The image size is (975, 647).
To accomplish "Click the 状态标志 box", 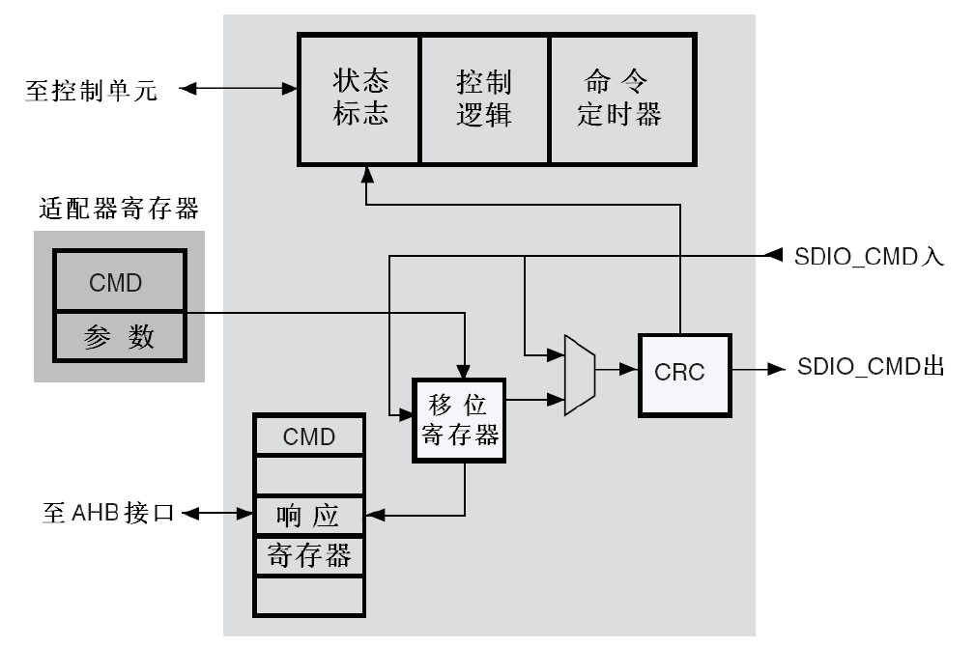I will pyautogui.click(x=358, y=98).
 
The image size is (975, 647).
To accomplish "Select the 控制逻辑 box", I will pyautogui.click(x=483, y=98).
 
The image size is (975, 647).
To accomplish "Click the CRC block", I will pyautogui.click(x=684, y=374).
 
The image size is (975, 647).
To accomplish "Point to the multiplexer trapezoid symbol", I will pyautogui.click(x=579, y=376).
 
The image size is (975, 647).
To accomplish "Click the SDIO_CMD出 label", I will pyautogui.click(x=871, y=368).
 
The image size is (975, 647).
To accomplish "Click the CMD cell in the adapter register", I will pyautogui.click(x=119, y=282).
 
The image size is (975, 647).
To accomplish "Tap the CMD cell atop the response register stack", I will pyautogui.click(x=309, y=436).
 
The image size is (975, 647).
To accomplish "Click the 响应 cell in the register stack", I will pyautogui.click(x=309, y=515).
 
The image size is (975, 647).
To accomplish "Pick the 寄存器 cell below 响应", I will pyautogui.click(x=309, y=555).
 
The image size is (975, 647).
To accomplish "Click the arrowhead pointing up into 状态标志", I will pyautogui.click(x=366, y=173).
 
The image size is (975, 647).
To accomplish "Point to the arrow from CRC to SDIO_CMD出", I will pyautogui.click(x=760, y=369).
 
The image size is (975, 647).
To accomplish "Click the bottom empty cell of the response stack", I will pyautogui.click(x=309, y=595).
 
